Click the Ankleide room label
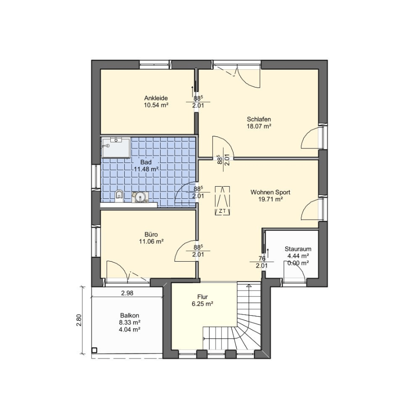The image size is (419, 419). pos(156,98)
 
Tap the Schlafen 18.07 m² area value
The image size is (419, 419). pos(259,126)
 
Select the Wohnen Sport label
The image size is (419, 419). pos(270,192)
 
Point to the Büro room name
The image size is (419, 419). pos(151,234)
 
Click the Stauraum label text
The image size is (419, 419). pos(298,249)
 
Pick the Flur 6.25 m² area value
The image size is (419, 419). pos(203,304)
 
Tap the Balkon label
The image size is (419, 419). pos(129,315)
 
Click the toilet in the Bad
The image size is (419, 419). pos(119,196)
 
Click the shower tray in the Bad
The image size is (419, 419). pos(116,148)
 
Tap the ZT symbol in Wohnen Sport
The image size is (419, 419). pos(223,201)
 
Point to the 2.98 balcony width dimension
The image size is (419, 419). pos(127,293)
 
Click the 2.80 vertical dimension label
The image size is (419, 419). pos(79,320)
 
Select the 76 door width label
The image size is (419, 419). pos(262,258)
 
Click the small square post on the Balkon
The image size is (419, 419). pos(94,350)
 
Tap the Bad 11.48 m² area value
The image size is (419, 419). pos(146,169)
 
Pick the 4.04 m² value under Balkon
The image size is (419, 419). pos(129,330)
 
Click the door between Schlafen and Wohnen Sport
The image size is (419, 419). pos(223,147)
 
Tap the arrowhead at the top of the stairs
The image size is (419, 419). pos(249,286)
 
